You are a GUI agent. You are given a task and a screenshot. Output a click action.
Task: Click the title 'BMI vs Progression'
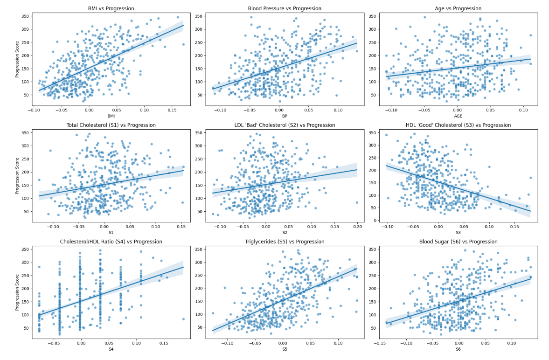(x=111, y=9)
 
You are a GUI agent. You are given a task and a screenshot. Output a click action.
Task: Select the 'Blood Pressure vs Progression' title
(x=285, y=9)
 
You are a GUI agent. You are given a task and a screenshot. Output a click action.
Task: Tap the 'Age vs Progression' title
(x=459, y=9)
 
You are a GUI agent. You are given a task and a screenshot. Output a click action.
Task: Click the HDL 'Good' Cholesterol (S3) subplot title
(x=459, y=125)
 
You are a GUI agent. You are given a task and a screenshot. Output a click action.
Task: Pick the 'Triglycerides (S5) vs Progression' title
(x=285, y=242)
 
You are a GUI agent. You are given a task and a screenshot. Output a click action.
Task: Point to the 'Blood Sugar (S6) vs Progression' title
(x=459, y=242)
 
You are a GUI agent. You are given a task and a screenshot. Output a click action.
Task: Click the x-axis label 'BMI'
(x=111, y=116)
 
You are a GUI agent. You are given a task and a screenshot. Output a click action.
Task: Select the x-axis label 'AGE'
(x=459, y=116)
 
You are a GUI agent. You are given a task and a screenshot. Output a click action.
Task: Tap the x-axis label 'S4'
(x=111, y=349)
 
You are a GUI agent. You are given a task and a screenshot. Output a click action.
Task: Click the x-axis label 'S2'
(x=285, y=232)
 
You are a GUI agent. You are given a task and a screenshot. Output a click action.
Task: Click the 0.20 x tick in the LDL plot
(x=357, y=226)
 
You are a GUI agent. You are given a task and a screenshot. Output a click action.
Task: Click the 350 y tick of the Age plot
(x=371, y=16)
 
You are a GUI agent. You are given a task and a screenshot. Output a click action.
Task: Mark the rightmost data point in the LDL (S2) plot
(x=357, y=202)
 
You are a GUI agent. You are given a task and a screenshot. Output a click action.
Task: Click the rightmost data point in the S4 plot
(x=183, y=319)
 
